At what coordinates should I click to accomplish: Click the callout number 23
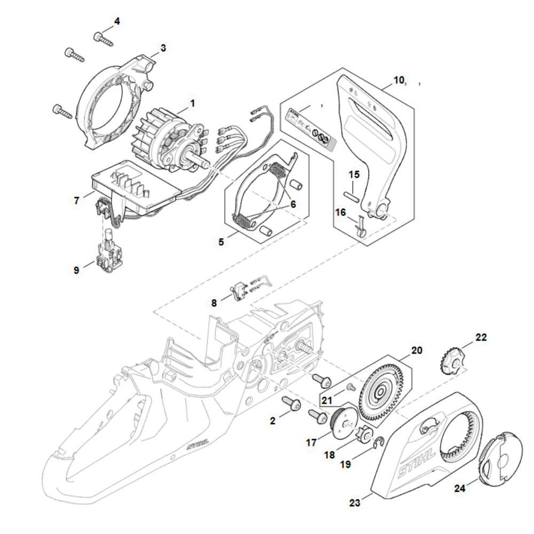coord(355,502)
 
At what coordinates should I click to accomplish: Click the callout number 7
coord(77,201)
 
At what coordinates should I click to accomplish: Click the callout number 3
coord(163,48)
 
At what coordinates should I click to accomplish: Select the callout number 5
coord(221,242)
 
